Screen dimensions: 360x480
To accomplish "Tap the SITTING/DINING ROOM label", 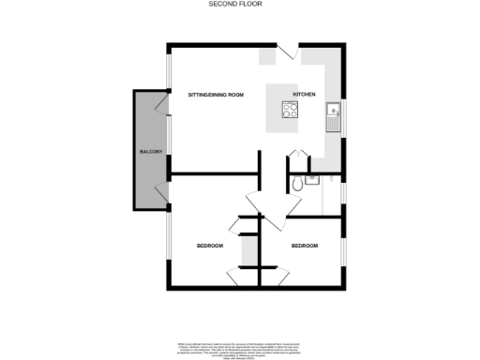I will click(x=216, y=96).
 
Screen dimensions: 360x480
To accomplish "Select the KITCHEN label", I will click(x=305, y=96).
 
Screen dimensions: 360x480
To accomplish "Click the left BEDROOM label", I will click(x=209, y=246).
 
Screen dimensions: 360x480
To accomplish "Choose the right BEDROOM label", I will click(x=304, y=246).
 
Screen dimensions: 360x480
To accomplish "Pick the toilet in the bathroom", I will click(x=298, y=185).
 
